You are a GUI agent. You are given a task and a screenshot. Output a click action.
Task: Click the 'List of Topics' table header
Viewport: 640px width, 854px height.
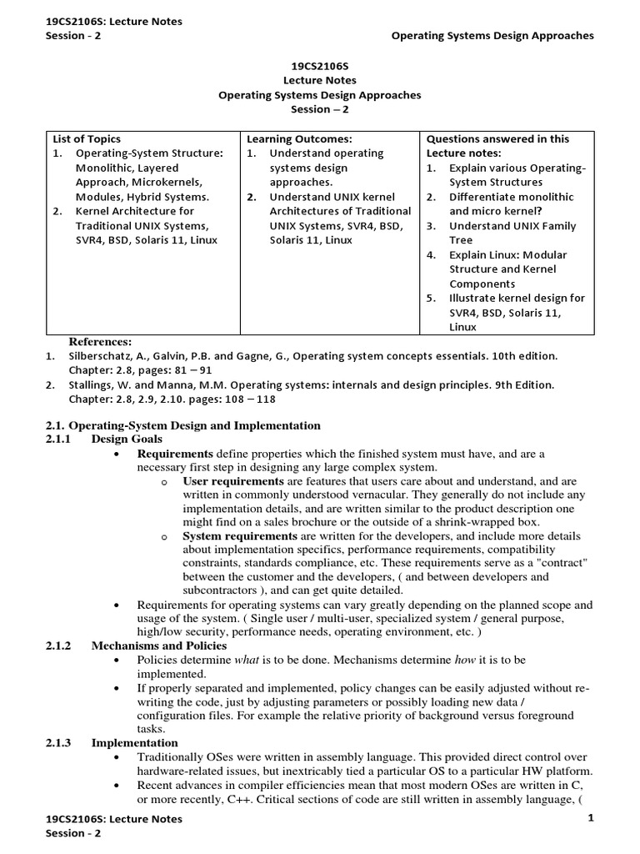coord(87,139)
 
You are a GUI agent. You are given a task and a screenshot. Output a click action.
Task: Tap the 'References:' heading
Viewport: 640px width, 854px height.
coord(100,342)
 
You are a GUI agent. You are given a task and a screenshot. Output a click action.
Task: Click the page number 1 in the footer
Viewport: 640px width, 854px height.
coord(590,818)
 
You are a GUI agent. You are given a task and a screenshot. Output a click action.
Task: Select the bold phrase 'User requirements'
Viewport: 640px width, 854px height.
coord(232,481)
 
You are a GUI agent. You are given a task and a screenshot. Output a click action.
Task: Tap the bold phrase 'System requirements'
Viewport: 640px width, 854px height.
coord(238,535)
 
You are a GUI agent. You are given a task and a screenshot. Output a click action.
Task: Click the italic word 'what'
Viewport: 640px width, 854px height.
coord(246,660)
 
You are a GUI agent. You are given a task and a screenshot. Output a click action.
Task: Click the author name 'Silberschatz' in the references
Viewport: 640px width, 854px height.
coord(101,356)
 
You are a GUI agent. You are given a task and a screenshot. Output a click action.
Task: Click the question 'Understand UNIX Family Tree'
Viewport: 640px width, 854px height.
coord(512,233)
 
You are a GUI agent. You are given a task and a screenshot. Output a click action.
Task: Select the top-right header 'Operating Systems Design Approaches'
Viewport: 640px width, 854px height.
coord(492,36)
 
